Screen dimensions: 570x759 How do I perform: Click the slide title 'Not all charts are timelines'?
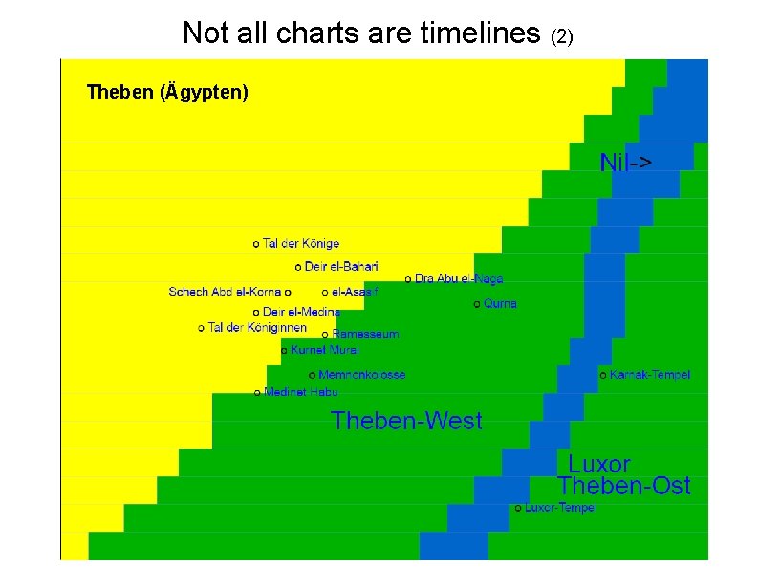pyautogui.click(x=361, y=33)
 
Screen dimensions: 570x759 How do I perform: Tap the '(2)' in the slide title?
pyautogui.click(x=562, y=36)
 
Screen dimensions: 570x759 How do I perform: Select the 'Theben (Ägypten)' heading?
pyautogui.click(x=167, y=93)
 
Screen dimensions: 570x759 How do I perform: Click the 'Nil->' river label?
pyautogui.click(x=626, y=163)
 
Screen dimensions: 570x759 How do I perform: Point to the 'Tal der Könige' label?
pyautogui.click(x=300, y=244)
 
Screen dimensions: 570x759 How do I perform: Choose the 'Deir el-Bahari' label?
pyautogui.click(x=340, y=266)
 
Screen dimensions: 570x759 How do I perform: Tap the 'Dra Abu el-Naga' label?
pyautogui.click(x=458, y=278)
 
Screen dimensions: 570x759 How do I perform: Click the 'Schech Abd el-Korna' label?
pyautogui.click(x=225, y=291)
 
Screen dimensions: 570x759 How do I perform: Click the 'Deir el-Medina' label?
pyautogui.click(x=300, y=312)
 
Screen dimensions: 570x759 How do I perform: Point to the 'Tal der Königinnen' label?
pyautogui.click(x=256, y=328)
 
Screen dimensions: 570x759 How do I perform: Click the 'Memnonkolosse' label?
pyautogui.click(x=361, y=375)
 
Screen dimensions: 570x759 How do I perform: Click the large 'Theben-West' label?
pyautogui.click(x=406, y=421)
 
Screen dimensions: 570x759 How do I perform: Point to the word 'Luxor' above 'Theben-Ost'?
pyautogui.click(x=599, y=465)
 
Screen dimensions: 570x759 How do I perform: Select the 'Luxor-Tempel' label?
pyautogui.click(x=559, y=507)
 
